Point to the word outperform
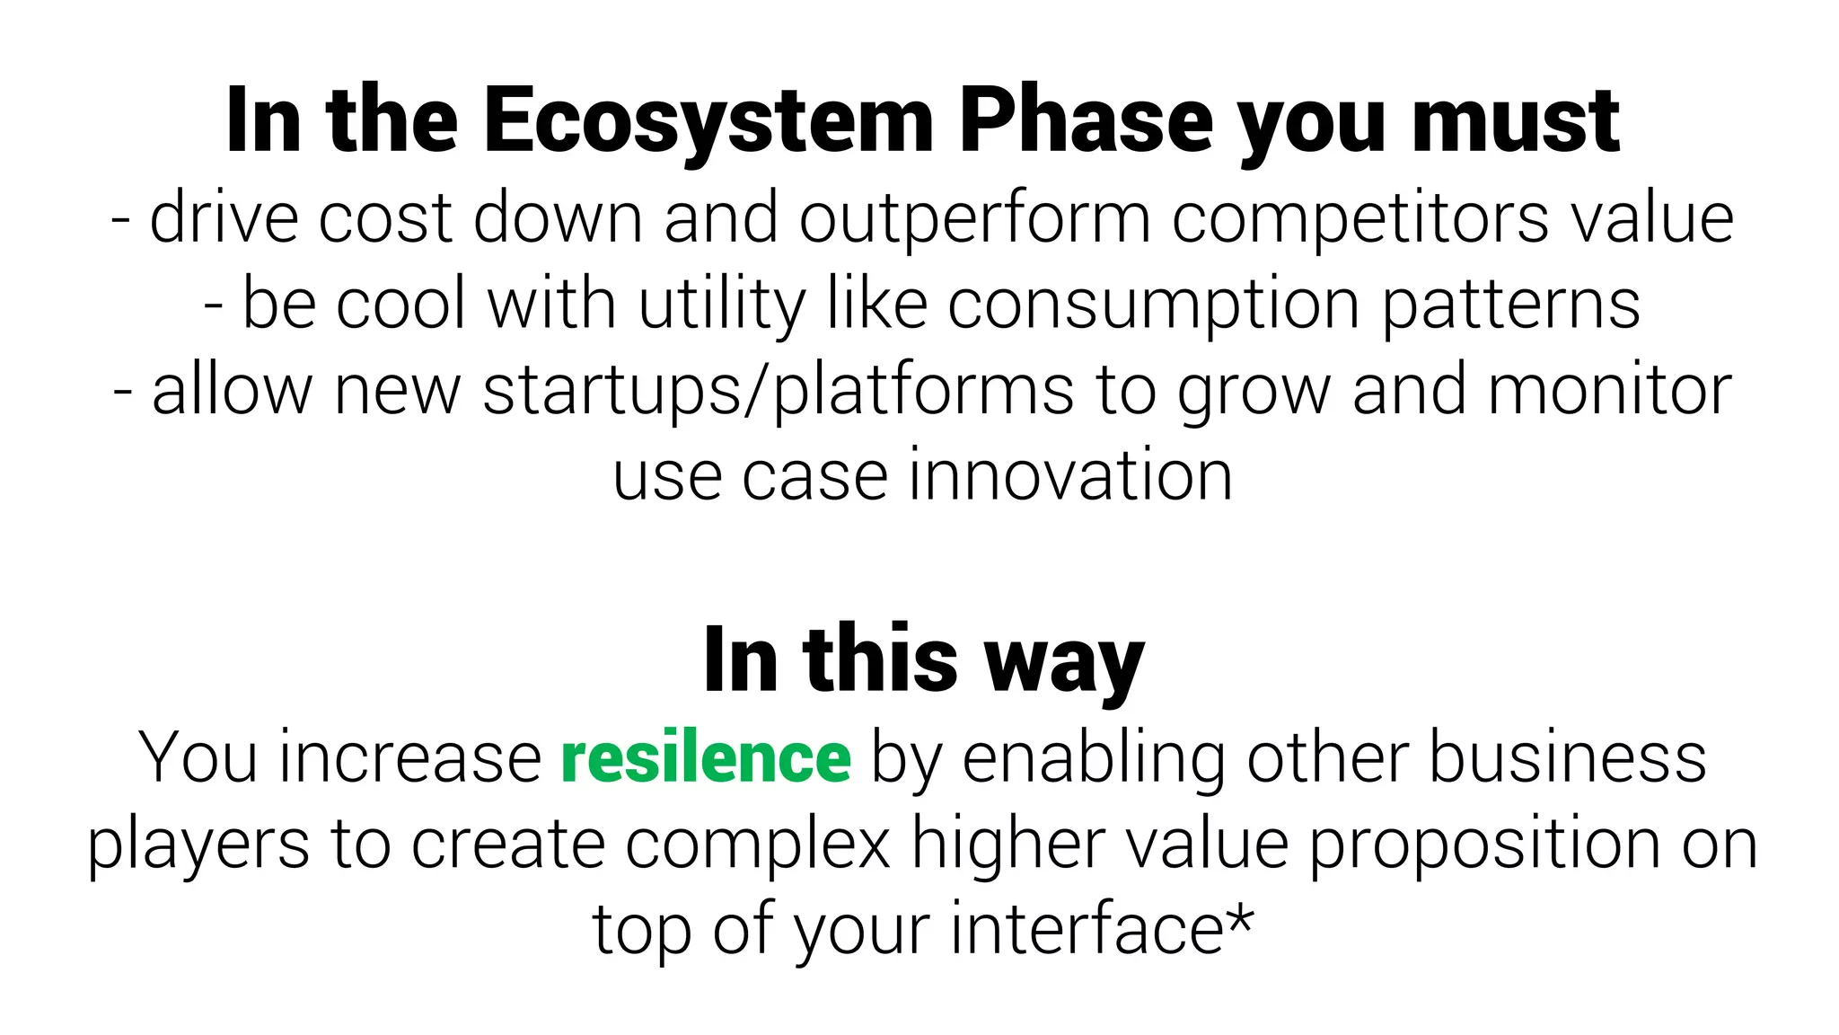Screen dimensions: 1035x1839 974,218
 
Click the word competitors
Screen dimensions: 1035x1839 1359,218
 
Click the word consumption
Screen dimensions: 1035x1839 1153,305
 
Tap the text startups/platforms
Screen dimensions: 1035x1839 778,391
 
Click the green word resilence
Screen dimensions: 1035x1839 706,758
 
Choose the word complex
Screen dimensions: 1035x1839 758,844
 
